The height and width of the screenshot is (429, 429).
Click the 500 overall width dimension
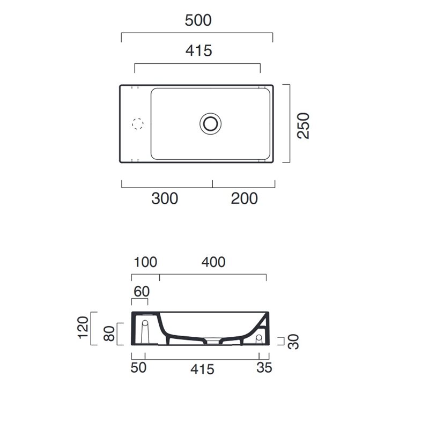(x=198, y=20)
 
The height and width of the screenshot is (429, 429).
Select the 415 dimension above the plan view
(x=198, y=50)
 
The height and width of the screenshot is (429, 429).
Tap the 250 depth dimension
(x=304, y=125)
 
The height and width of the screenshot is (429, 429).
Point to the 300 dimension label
(x=165, y=198)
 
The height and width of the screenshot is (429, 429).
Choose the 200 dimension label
(x=245, y=198)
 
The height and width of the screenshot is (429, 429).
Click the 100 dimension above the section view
(x=145, y=262)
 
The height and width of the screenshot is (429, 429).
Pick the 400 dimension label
(x=213, y=262)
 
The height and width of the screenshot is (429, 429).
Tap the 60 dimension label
(x=142, y=291)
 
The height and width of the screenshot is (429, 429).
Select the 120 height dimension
(x=83, y=328)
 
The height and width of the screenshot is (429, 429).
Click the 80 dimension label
(x=109, y=334)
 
